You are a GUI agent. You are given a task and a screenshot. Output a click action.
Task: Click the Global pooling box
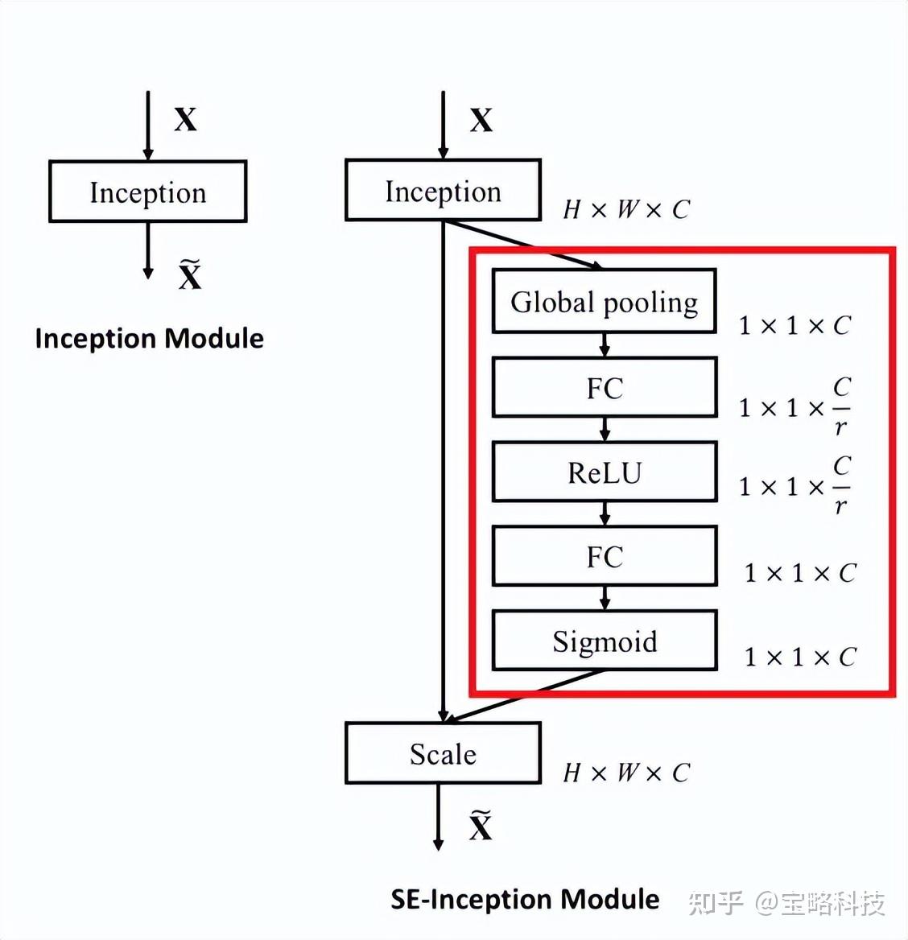click(604, 302)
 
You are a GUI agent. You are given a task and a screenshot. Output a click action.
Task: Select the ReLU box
click(604, 472)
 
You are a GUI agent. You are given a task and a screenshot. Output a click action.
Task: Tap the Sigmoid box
click(604, 641)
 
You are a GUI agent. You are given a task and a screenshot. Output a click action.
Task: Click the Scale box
click(443, 753)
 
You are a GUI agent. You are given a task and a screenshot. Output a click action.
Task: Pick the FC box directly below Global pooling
click(604, 387)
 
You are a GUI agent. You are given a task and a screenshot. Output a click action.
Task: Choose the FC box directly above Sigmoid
click(604, 556)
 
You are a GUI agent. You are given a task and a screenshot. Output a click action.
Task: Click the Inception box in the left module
click(147, 192)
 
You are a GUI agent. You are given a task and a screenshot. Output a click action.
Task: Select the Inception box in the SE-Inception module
click(443, 191)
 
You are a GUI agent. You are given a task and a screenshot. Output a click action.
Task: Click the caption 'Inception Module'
click(149, 338)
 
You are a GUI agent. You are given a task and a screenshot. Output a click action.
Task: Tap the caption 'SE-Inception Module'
click(525, 899)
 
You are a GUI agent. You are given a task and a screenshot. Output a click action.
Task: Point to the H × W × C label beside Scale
click(626, 773)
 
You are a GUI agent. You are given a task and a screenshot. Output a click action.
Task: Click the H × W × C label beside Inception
click(626, 210)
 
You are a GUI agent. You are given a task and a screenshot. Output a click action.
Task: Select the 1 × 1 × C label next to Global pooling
click(794, 326)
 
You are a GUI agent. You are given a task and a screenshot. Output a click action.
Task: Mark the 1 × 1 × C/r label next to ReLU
click(794, 486)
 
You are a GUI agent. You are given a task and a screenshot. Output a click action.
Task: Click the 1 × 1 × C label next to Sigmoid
click(799, 658)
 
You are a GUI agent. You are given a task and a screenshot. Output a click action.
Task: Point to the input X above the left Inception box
click(185, 120)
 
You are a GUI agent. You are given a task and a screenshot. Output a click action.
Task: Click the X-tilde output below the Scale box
click(481, 827)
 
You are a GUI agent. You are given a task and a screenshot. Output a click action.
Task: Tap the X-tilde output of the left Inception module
click(190, 275)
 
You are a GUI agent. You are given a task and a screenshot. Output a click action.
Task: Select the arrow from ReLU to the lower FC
click(605, 513)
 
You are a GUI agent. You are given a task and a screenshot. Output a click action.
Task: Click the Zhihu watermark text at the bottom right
click(786, 903)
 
